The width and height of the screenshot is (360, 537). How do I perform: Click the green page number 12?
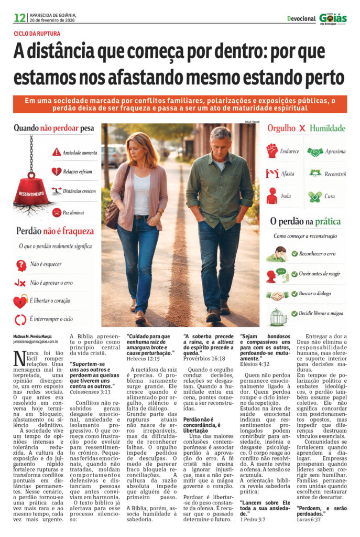point(19,18)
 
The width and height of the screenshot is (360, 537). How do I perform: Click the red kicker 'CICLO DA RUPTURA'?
point(37,34)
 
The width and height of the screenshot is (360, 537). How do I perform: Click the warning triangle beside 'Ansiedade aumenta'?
point(57,152)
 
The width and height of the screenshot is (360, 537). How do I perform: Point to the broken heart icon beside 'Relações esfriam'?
point(57,171)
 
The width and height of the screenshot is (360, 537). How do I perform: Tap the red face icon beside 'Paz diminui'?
point(57,212)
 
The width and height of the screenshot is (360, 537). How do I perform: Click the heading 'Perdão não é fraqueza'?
point(55,231)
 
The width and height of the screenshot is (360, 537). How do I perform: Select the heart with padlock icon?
point(20,302)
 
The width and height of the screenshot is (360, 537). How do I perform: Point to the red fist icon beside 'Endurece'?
point(271,151)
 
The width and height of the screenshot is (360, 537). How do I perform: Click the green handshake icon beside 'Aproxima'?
point(315,152)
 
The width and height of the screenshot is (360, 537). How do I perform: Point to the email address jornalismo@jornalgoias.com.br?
point(36,341)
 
